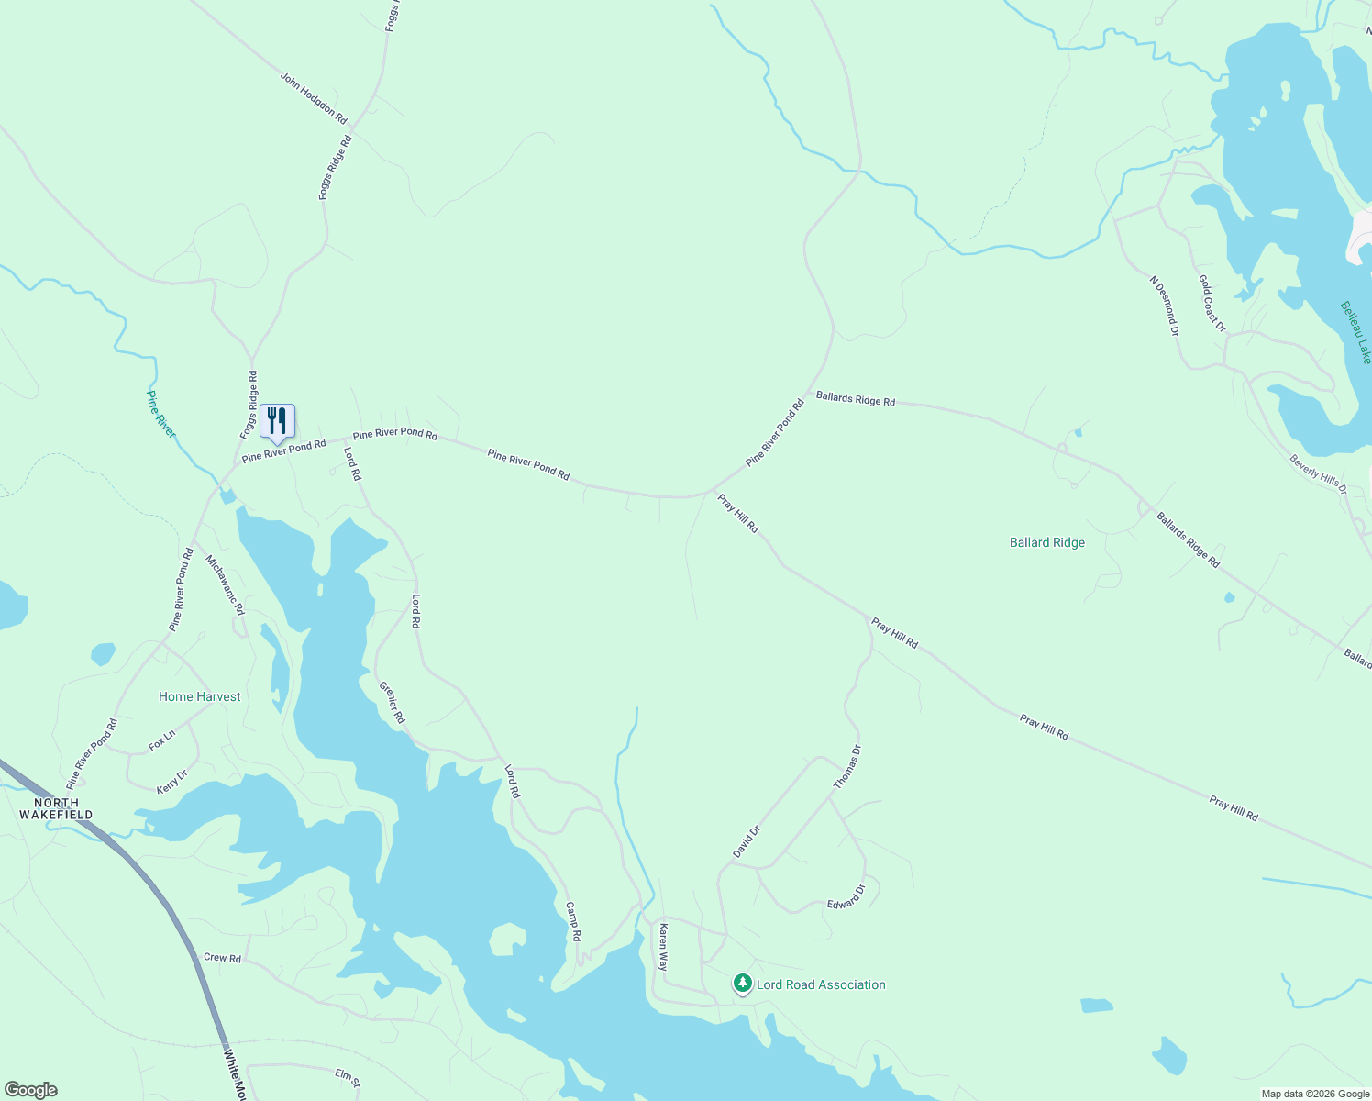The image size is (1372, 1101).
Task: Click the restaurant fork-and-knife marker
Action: coord(277,421)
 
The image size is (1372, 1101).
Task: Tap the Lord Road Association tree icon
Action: coord(742,984)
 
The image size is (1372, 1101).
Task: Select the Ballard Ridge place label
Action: coord(1046,542)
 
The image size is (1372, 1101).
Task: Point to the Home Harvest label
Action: coord(199,696)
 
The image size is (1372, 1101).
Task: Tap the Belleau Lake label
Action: coord(1355,332)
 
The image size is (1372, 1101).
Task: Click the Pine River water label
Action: coord(160,414)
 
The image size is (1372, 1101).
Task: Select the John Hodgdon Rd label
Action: coord(314,99)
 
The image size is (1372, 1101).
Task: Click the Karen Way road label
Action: coord(663,948)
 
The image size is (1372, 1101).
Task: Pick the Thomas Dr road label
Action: coord(847,767)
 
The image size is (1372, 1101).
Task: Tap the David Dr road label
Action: coord(747,842)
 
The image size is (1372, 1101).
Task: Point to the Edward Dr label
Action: coord(846,897)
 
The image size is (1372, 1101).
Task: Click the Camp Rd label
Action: coord(573,922)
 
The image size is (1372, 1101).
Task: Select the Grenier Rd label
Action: coord(392,702)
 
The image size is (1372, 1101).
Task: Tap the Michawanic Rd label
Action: coord(225,584)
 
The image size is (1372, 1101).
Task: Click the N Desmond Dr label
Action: coord(1164,306)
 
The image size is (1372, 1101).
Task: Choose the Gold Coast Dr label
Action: coord(1212,303)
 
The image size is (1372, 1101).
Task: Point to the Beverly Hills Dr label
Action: coord(1318,474)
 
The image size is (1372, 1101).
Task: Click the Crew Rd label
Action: coord(222,958)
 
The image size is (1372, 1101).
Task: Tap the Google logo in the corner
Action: coord(30,1090)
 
